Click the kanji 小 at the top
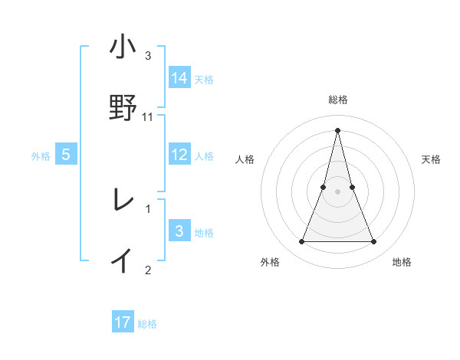tap(123, 47)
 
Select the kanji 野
tap(123, 107)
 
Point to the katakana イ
tap(123, 260)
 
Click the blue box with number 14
tap(179, 77)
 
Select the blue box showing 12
tap(179, 155)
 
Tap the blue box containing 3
tap(179, 231)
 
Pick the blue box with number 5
tap(66, 155)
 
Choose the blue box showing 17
tap(123, 322)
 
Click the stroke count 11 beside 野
tap(148, 117)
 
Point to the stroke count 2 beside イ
tap(148, 269)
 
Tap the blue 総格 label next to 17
tap(147, 324)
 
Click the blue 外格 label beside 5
tap(41, 156)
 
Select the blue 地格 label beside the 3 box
tap(204, 233)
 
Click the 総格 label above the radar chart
tap(337, 100)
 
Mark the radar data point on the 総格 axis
tap(337, 129)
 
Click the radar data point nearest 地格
tap(373, 242)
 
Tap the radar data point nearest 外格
tap(301, 242)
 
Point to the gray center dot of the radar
tap(337, 191)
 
